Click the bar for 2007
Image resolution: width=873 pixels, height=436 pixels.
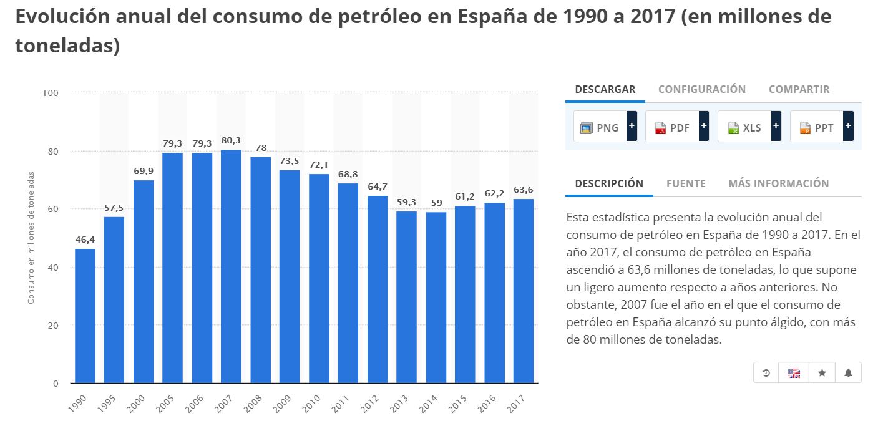pyautogui.click(x=231, y=266)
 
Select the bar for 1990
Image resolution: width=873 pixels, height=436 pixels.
pyautogui.click(x=85, y=316)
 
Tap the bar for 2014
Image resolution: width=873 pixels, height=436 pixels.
pyautogui.click(x=436, y=298)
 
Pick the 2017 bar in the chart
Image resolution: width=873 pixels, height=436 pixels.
pyautogui.click(x=524, y=291)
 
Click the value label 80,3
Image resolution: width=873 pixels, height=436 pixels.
pyautogui.click(x=231, y=141)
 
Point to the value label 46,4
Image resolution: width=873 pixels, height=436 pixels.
pyautogui.click(x=85, y=240)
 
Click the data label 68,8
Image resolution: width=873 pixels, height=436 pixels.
pyautogui.click(x=348, y=174)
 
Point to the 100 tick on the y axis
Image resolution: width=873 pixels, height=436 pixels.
pyautogui.click(x=51, y=93)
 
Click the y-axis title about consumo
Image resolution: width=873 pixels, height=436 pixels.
pyautogui.click(x=31, y=237)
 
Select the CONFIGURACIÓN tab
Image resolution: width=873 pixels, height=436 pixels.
pyautogui.click(x=701, y=89)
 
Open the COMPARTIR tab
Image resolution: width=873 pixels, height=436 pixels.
pyautogui.click(x=799, y=89)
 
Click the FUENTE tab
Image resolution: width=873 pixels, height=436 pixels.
pyautogui.click(x=686, y=183)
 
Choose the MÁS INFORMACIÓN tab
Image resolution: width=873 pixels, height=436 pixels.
pyautogui.click(x=778, y=183)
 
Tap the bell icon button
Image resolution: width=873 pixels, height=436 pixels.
pyautogui.click(x=848, y=373)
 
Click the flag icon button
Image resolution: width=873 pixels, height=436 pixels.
pyautogui.click(x=793, y=373)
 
